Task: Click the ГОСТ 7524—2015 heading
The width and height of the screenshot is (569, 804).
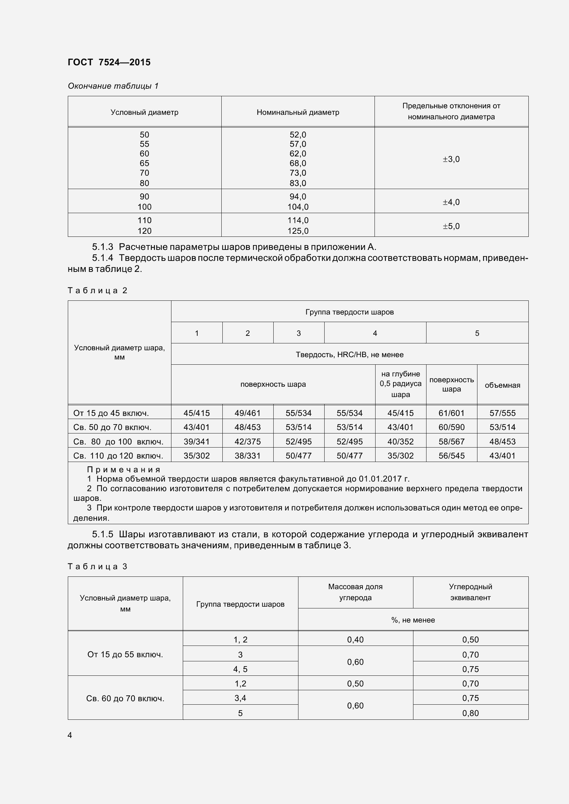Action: (109, 62)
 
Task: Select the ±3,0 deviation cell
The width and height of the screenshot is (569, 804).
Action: (451, 159)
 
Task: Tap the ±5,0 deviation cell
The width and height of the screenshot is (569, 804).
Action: (451, 226)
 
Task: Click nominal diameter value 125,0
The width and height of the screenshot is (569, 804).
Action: (298, 231)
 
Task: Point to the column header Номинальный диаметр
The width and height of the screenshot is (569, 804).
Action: (298, 112)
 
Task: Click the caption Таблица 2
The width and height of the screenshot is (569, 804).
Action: (97, 290)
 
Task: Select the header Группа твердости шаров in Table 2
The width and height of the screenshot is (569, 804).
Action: (349, 312)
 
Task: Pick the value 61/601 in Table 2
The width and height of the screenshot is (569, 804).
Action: (451, 413)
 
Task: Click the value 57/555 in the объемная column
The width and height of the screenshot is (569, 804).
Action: (502, 413)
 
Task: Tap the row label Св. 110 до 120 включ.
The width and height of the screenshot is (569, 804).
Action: (118, 456)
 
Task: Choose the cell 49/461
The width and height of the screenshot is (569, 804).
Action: (247, 413)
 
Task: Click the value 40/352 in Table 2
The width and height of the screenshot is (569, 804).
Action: (400, 442)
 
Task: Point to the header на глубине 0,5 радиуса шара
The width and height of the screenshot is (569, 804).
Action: (400, 384)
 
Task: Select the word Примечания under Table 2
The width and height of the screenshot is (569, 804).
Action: (124, 470)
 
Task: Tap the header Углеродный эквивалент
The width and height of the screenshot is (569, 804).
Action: (470, 592)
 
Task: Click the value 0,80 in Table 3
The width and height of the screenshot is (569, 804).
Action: (470, 713)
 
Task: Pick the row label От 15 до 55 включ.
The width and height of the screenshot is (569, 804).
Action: (125, 654)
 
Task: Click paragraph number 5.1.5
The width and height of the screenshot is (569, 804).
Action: (102, 535)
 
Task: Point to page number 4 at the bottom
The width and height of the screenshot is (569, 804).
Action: (70, 735)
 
